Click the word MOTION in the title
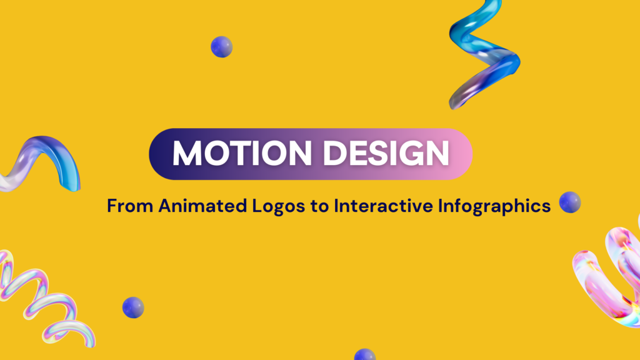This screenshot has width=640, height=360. (242, 153)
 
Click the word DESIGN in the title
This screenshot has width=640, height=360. (386, 153)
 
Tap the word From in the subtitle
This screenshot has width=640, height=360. (130, 206)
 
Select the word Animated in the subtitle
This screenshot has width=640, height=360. (203, 206)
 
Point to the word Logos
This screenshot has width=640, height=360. (278, 206)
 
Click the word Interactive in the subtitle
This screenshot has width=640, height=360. (383, 206)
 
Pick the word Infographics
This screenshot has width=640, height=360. (494, 206)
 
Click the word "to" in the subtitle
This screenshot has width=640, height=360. (319, 206)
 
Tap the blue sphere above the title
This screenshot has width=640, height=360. (222, 46)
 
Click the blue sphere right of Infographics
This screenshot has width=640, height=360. (570, 202)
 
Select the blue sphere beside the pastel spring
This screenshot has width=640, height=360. (133, 307)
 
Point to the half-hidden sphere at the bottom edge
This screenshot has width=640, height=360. (365, 355)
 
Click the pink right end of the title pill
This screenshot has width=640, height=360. (459, 154)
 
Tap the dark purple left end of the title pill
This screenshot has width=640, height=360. (162, 154)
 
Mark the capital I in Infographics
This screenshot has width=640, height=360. (441, 206)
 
